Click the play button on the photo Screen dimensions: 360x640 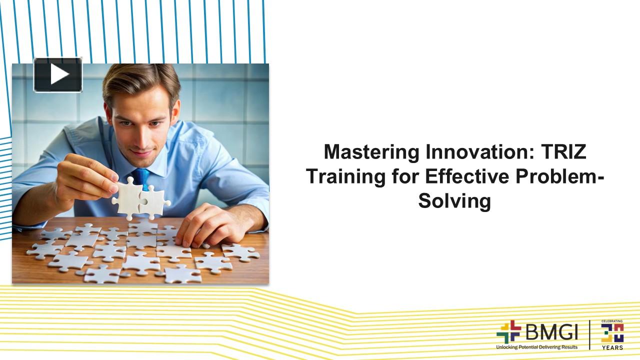[x=58, y=74]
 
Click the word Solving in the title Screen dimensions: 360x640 [x=454, y=201]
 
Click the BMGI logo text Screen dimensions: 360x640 [x=550, y=331]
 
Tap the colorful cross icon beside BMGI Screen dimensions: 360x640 [x=508, y=332]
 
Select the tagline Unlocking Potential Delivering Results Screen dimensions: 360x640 [x=536, y=347]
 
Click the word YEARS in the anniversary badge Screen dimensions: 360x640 [x=612, y=347]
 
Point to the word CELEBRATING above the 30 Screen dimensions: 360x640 [x=612, y=321]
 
